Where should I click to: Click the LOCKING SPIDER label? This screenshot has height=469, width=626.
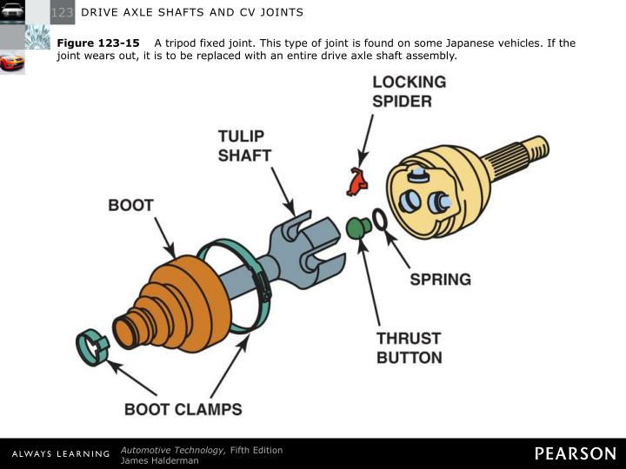coord(409,91)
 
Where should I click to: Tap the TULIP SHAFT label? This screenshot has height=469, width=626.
coord(244,146)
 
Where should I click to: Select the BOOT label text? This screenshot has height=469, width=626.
coord(130,206)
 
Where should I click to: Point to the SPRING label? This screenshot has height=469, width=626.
coord(440,280)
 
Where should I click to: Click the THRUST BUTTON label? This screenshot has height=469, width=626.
coord(409,347)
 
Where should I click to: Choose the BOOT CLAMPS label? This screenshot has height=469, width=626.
coord(183,409)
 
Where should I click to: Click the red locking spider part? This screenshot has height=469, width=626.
coord(356,182)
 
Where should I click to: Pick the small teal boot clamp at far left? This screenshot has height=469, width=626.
coord(92,347)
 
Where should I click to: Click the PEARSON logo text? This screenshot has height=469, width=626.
coord(575,453)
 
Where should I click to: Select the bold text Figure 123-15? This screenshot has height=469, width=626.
coord(98,43)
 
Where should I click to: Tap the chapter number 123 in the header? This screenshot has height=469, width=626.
coord(62,12)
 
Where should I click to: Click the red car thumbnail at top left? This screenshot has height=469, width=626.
coord(12,63)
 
